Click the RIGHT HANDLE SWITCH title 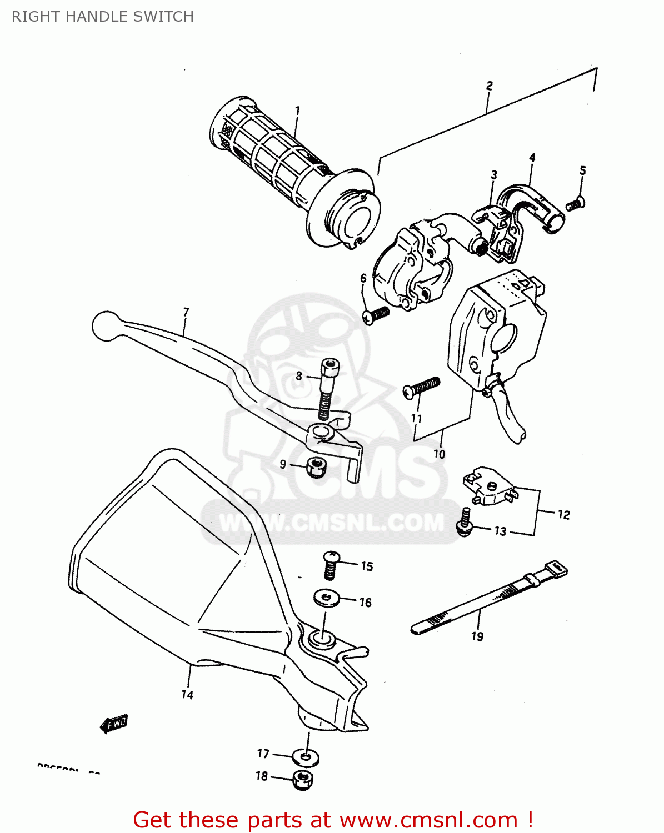click(x=103, y=17)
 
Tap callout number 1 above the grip click(x=297, y=111)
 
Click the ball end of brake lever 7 click(x=106, y=325)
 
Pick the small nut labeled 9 click(x=316, y=466)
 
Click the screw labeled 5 click(x=575, y=204)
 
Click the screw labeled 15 click(x=332, y=565)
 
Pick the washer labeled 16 click(x=326, y=599)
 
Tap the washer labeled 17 click(x=306, y=757)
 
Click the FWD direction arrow click(x=114, y=724)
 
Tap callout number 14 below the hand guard click(x=187, y=695)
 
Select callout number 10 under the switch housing click(x=439, y=454)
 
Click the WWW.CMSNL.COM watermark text click(x=332, y=523)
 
